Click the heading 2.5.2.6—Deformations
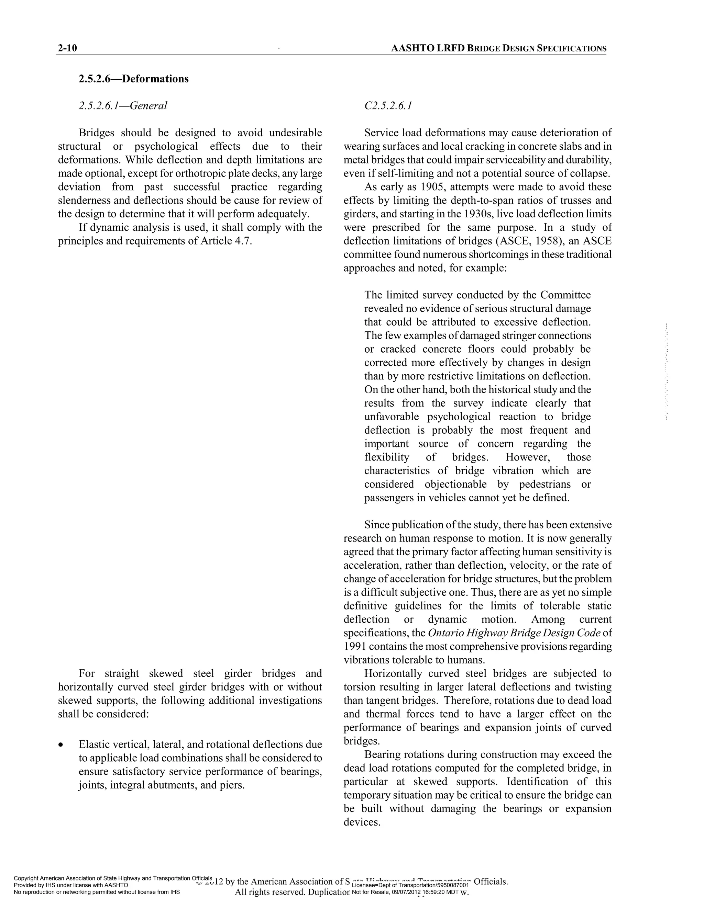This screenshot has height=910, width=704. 133,79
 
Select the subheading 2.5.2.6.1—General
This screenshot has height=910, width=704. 123,106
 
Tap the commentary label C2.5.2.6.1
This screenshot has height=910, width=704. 388,106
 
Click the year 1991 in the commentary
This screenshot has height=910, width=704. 354,646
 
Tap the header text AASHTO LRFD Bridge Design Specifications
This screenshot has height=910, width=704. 498,48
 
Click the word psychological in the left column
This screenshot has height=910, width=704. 166,146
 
